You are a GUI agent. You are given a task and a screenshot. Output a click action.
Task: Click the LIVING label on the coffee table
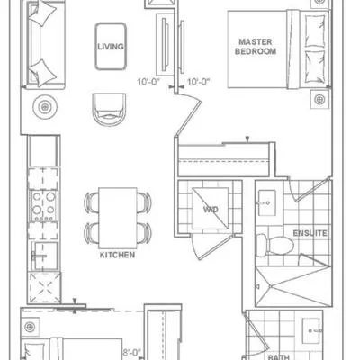(112, 46)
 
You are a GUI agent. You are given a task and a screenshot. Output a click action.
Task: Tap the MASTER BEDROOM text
(256, 47)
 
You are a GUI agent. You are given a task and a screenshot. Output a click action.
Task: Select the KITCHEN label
(118, 255)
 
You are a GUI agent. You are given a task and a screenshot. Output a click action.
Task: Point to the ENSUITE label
(310, 233)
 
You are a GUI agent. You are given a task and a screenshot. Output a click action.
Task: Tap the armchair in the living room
(109, 108)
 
